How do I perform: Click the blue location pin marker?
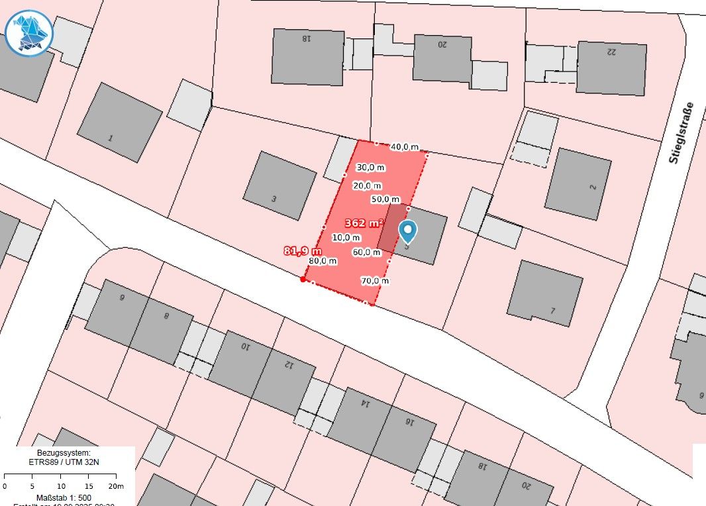(408, 230)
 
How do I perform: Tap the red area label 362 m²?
(364, 223)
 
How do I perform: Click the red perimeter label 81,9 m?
(303, 251)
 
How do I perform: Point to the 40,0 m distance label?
(405, 147)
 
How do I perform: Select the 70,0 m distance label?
(375, 281)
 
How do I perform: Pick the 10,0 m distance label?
(346, 237)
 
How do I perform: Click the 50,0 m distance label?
(385, 199)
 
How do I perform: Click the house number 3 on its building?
(274, 199)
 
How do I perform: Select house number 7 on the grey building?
(552, 311)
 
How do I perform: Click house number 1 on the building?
(110, 138)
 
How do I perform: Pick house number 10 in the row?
(244, 346)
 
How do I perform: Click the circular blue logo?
(28, 32)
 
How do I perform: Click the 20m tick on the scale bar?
(116, 485)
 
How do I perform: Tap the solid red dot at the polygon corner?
(303, 279)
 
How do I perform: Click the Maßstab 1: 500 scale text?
(64, 497)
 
